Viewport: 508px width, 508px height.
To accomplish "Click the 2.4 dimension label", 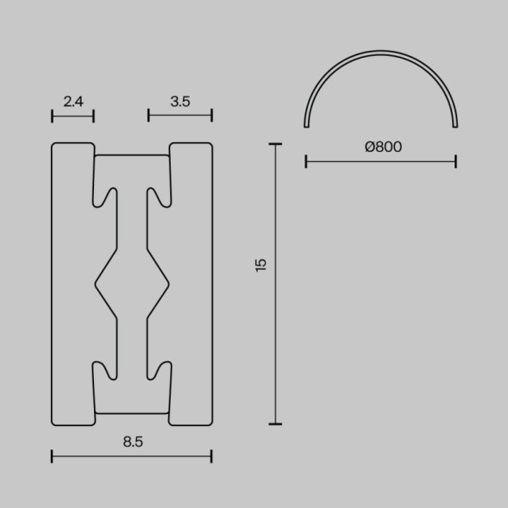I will pyautogui.click(x=73, y=102).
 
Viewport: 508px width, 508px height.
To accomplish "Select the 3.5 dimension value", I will pyautogui.click(x=179, y=102).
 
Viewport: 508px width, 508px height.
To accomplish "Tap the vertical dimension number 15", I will pyautogui.click(x=261, y=265).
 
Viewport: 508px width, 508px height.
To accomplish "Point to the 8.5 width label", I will pyautogui.click(x=132, y=442).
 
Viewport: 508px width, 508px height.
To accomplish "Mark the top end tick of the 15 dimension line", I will pyautogui.click(x=275, y=145).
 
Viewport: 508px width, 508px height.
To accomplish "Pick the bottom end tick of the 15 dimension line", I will pyautogui.click(x=275, y=424).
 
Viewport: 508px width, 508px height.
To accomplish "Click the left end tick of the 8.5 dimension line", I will pyautogui.click(x=53, y=456).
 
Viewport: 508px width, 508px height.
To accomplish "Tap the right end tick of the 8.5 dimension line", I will pyautogui.click(x=211, y=456).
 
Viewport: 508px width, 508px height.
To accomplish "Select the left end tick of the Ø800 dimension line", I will pyautogui.click(x=306, y=160).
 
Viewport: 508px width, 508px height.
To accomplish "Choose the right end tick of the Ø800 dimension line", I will pyautogui.click(x=455, y=160).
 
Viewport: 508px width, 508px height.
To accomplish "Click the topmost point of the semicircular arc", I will pyautogui.click(x=381, y=52).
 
